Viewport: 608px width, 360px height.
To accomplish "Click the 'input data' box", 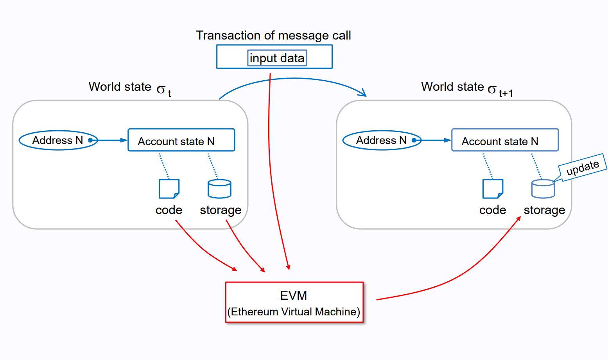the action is tap(277, 58).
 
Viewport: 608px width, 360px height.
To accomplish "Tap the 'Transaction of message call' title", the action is tap(273, 36).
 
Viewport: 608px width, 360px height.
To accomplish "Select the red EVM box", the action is tap(294, 302).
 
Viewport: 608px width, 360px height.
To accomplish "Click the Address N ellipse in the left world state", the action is tap(58, 140).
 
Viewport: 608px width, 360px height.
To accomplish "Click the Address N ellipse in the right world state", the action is tap(382, 140).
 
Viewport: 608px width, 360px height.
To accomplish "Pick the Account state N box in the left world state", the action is tap(181, 140).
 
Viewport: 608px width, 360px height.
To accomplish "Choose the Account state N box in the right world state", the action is tap(505, 140).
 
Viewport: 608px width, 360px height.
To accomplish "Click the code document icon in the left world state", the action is tap(169, 189).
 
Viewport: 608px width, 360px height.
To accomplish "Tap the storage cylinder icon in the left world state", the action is tap(219, 189).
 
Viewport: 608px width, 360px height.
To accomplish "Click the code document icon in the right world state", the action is tap(493, 189).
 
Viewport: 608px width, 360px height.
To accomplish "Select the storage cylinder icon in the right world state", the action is tap(543, 189).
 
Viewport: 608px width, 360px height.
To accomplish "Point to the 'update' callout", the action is tap(583, 167).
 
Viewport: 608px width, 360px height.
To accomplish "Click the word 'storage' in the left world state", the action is tap(221, 210).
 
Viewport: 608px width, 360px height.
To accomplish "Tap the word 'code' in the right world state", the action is tap(493, 210).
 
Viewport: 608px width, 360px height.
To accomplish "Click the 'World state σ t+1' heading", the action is tap(467, 89).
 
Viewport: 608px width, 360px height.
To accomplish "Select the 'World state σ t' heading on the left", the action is tap(130, 89).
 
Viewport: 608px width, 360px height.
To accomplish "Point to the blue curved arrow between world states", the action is tap(294, 79).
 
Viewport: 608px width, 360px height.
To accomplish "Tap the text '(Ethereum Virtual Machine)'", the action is tap(294, 311).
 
